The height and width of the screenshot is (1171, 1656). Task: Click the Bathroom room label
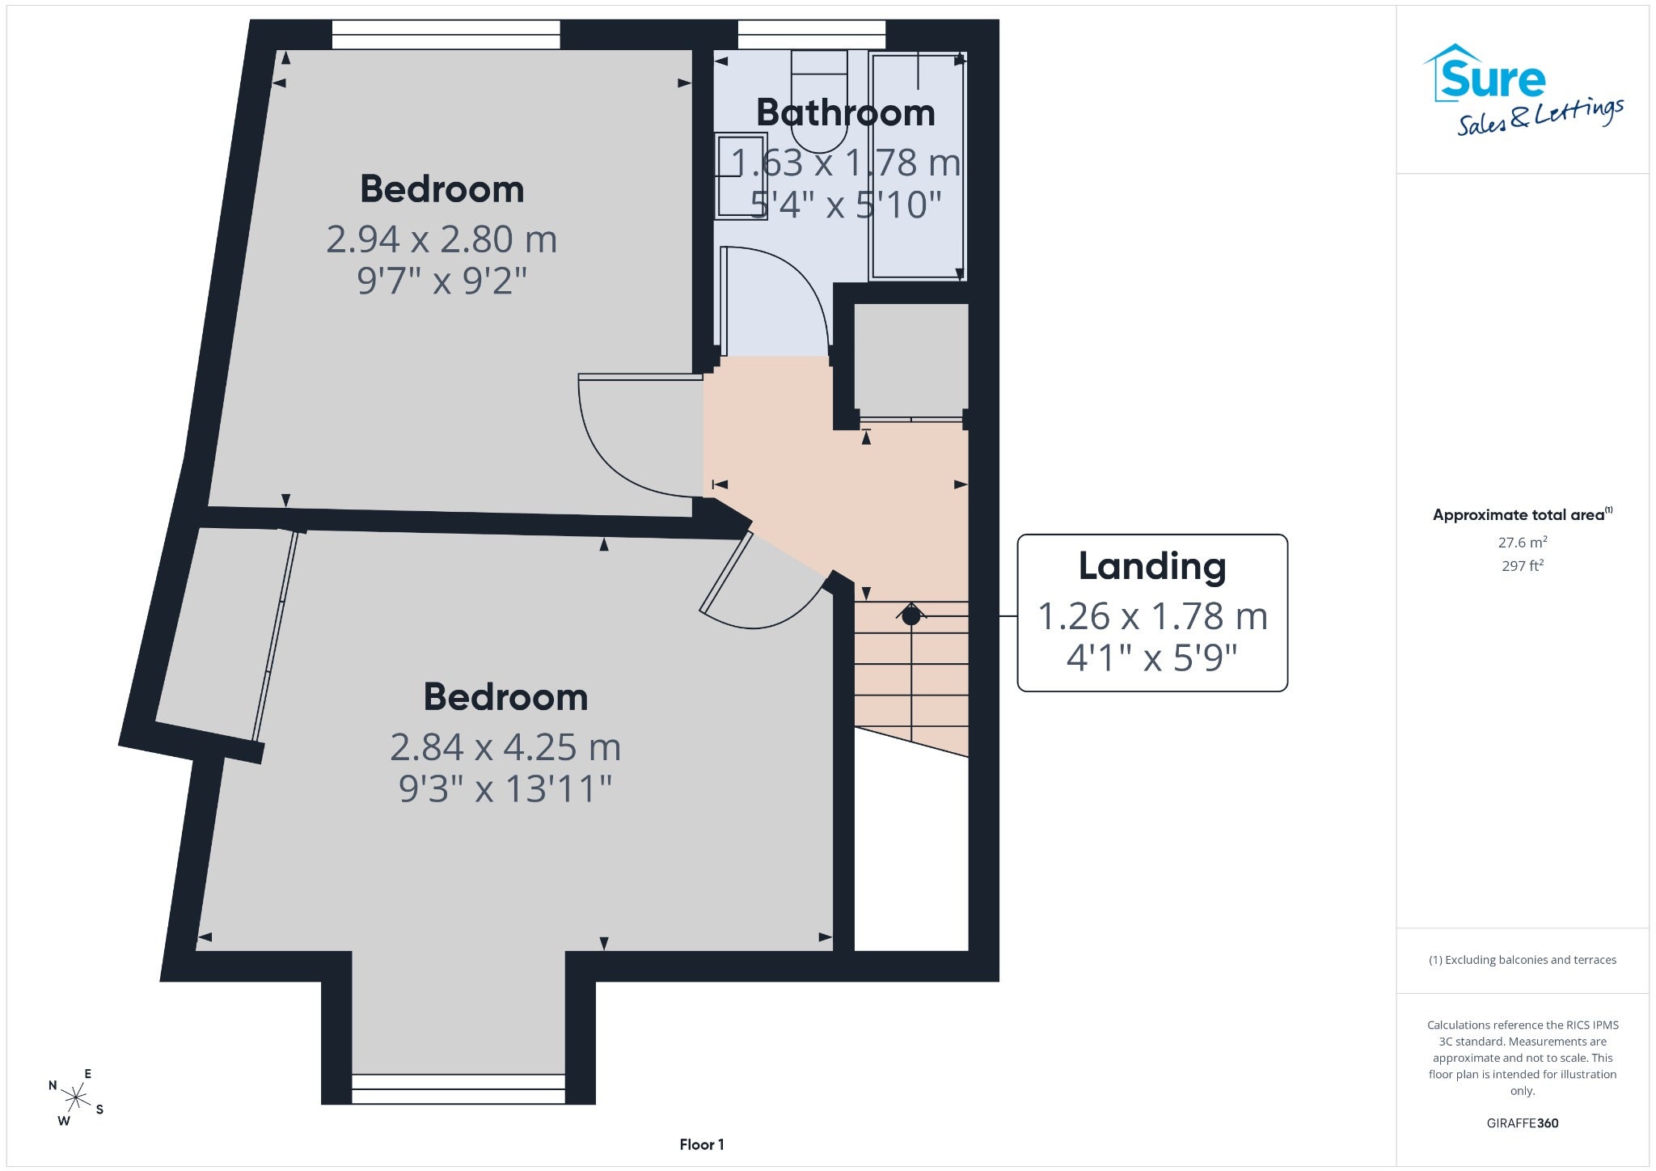click(x=845, y=112)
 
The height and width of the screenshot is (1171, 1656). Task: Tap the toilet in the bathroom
click(x=819, y=101)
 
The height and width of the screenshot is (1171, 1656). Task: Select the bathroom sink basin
click(x=740, y=176)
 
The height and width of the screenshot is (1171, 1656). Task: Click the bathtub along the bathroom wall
click(x=918, y=167)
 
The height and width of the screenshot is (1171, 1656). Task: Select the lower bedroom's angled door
click(x=726, y=573)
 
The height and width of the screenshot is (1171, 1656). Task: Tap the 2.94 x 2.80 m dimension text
click(x=441, y=239)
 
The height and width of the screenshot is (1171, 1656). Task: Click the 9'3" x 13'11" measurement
click(x=505, y=788)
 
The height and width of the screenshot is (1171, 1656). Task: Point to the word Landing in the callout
click(x=1152, y=566)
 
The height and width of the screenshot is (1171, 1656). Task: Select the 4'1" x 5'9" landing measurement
click(x=1152, y=657)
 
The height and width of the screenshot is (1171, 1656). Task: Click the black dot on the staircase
click(x=911, y=616)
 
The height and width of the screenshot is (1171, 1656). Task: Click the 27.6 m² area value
click(x=1523, y=542)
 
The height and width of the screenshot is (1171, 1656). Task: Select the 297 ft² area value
click(x=1523, y=566)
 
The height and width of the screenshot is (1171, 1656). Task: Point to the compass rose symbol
click(x=76, y=1097)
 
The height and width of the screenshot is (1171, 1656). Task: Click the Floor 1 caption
click(x=702, y=1144)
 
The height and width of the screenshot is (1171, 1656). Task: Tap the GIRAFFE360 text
click(x=1523, y=1122)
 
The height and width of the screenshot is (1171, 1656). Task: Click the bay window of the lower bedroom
click(x=458, y=1089)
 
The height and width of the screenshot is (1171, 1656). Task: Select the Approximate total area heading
click(x=1523, y=514)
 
